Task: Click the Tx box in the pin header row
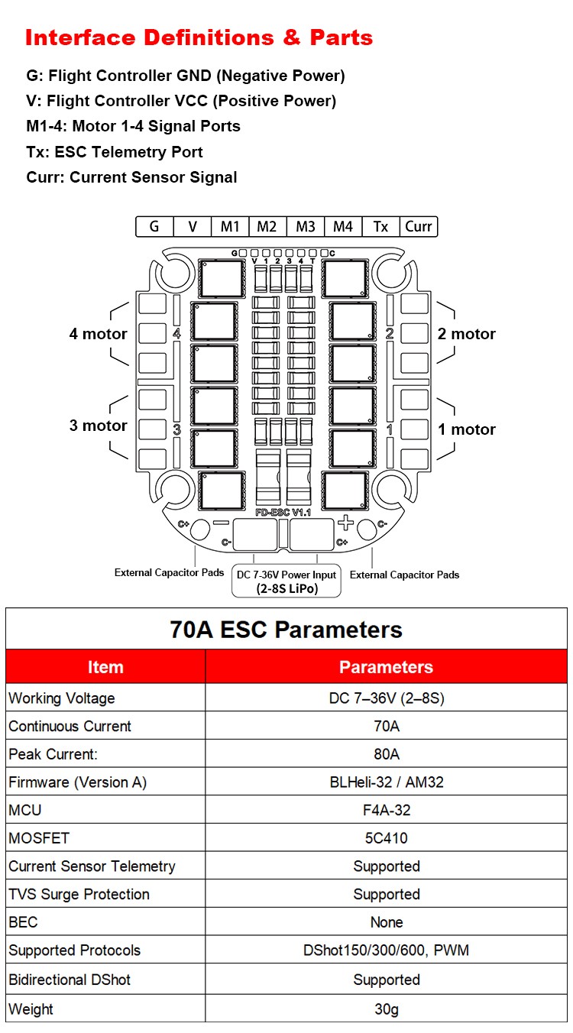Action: tap(380, 226)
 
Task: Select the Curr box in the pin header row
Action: tap(418, 226)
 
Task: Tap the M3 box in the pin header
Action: tap(306, 226)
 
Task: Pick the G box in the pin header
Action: tap(154, 226)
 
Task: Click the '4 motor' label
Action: tap(99, 334)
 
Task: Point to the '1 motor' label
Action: tap(467, 429)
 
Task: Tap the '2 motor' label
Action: tap(467, 334)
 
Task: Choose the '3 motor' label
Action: tap(99, 426)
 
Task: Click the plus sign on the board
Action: tap(345, 523)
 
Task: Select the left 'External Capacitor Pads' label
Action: tap(169, 572)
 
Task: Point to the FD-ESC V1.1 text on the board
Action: tap(283, 512)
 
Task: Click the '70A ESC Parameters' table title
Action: tap(286, 630)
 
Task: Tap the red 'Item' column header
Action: tap(105, 667)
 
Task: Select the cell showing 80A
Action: tap(387, 754)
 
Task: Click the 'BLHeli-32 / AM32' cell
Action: tap(387, 782)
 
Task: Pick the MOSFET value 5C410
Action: tap(387, 838)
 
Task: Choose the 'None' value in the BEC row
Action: tap(387, 922)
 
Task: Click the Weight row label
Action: tap(31, 1009)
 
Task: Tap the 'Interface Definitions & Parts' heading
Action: tap(199, 37)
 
